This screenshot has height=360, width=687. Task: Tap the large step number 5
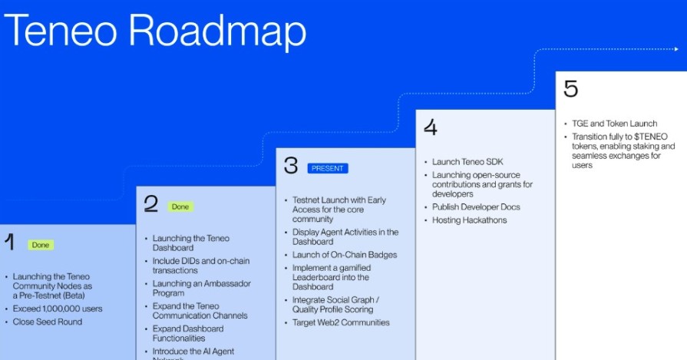[570, 88]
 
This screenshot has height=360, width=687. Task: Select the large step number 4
[431, 127]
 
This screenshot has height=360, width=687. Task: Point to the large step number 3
[290, 165]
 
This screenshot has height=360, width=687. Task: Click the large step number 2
[151, 203]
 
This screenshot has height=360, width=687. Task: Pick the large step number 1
[10, 243]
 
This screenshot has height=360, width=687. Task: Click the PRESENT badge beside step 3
[327, 168]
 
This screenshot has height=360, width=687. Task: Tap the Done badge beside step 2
[180, 206]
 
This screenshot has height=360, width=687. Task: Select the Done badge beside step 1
[41, 245]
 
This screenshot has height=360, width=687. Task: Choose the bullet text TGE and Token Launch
[614, 124]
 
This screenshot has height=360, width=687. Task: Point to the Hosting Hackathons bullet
[469, 220]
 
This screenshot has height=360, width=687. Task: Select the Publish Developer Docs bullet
[476, 207]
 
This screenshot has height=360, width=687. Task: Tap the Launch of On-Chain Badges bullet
[345, 255]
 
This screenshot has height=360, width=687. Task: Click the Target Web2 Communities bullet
[341, 322]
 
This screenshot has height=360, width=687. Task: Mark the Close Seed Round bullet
[47, 322]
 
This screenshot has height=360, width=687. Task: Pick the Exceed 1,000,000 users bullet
[58, 309]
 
